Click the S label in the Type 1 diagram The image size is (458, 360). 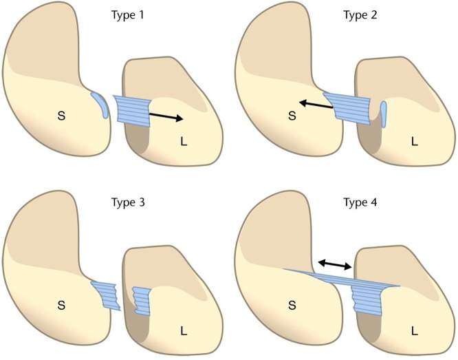click(61, 117)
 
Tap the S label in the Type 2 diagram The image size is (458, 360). click(292, 117)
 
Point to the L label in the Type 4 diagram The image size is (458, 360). click(414, 331)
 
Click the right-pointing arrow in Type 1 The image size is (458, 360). click(166, 116)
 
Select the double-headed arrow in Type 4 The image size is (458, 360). click(335, 264)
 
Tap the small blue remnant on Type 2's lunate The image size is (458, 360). click(383, 115)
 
